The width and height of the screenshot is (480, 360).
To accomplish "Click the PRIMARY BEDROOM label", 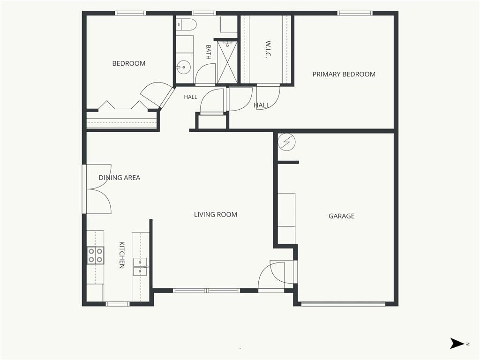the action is coord(344,74).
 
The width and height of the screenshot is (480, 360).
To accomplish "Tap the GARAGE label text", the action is coord(342,216).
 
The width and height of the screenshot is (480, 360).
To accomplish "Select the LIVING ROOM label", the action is coord(216,214).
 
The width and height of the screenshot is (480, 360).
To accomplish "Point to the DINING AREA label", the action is coord(120,178).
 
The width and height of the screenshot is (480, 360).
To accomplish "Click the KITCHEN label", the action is coord(122,255).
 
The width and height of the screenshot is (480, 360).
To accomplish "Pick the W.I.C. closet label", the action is coord(268,49).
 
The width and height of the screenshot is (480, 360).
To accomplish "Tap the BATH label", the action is coord(209,52).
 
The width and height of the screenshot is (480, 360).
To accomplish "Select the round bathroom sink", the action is coord(183,67).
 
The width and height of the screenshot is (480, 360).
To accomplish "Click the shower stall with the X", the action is coord(227,62).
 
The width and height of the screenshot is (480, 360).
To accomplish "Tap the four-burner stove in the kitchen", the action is coord(95,255).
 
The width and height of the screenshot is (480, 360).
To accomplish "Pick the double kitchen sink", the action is coord(141,267).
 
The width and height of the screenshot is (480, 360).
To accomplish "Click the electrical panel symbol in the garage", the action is coord(286,142).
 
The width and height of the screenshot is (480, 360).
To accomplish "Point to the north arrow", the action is coord(457,344).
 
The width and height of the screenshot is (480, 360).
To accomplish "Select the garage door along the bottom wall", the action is coord(343,304).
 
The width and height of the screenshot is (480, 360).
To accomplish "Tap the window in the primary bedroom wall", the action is coord(355,13).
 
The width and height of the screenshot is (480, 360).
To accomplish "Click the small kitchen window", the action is coord(118,304).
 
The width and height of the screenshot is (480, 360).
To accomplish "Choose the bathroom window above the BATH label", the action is coord(203,13).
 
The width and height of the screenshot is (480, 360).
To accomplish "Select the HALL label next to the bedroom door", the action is coord(190,97).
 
